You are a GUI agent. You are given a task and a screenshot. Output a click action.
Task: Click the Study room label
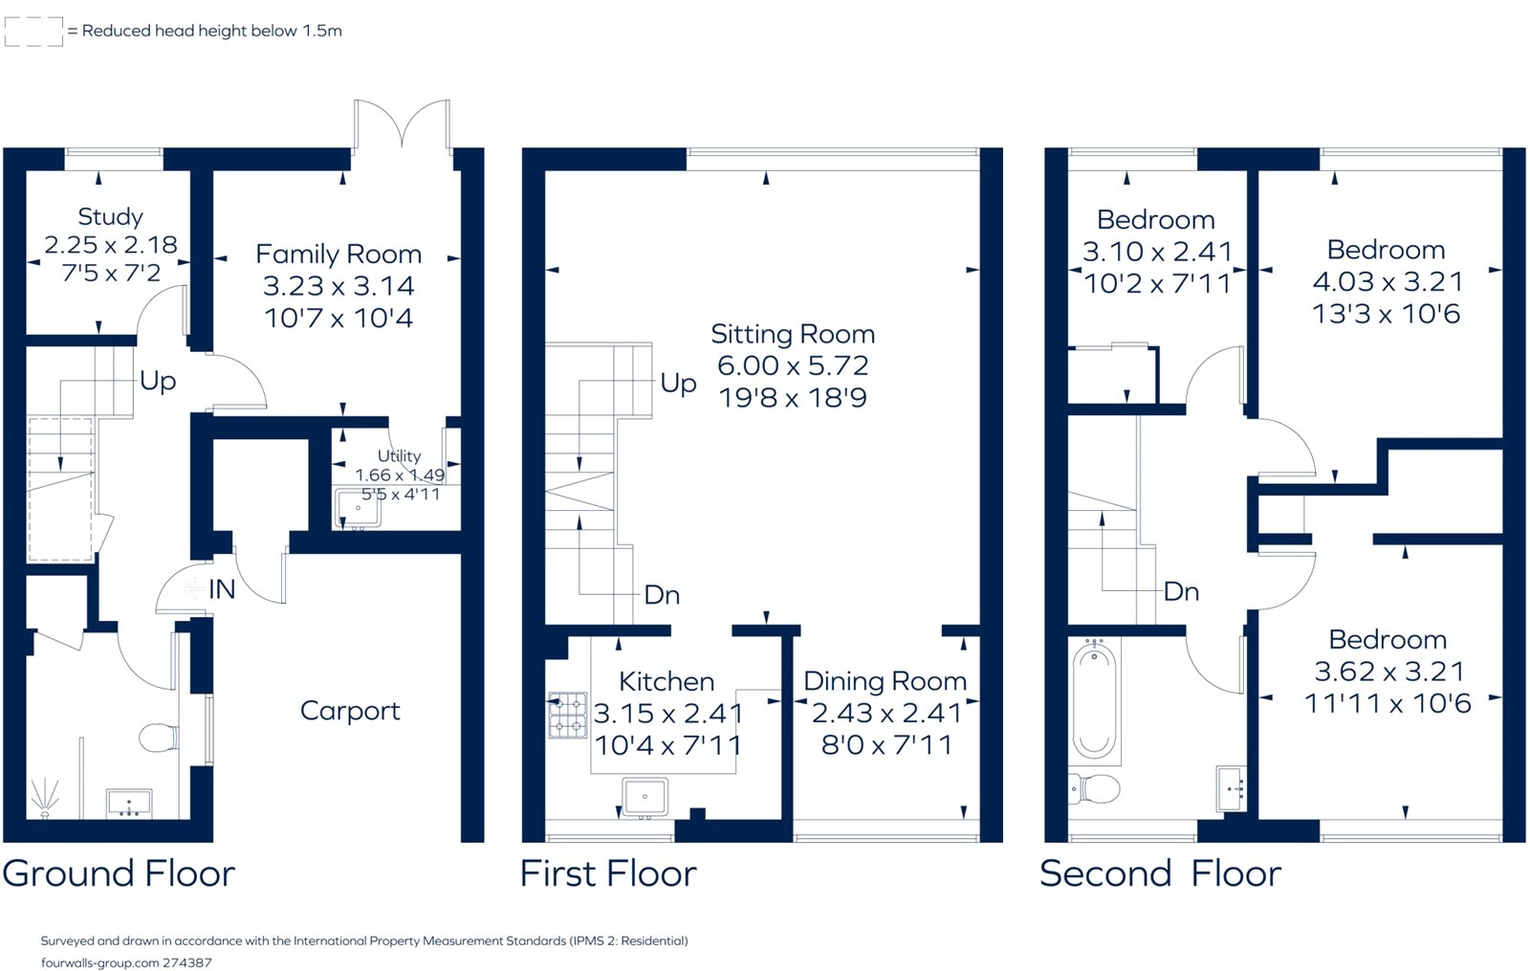click(110, 216)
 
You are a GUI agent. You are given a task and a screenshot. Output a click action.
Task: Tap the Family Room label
click(339, 254)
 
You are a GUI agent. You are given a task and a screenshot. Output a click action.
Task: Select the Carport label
click(350, 712)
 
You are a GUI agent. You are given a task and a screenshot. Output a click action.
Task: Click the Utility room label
click(399, 455)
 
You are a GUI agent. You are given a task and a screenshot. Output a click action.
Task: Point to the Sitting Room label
click(793, 334)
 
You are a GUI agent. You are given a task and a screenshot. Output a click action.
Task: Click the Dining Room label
click(885, 681)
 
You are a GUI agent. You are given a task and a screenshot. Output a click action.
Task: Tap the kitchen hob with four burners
click(568, 715)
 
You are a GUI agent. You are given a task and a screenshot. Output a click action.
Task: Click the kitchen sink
click(645, 797)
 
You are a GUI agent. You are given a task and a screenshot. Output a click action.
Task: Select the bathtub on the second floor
click(1094, 700)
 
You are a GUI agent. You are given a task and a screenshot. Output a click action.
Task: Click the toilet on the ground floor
click(159, 738)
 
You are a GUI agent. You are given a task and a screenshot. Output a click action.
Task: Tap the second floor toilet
click(1094, 788)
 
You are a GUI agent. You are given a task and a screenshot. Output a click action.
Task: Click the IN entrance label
click(222, 589)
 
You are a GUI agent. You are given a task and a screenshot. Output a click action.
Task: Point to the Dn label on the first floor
click(662, 595)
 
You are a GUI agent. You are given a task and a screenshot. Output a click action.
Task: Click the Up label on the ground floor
click(158, 382)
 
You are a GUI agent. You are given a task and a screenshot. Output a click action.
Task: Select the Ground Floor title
click(119, 873)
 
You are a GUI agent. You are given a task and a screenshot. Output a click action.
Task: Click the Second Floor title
click(1161, 873)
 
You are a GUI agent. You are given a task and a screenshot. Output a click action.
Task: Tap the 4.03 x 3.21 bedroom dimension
click(1387, 281)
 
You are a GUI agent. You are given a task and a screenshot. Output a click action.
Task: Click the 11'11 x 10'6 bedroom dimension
click(1388, 703)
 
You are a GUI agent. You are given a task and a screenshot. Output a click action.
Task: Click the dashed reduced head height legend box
click(33, 32)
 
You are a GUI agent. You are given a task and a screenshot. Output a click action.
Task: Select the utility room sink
click(358, 508)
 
